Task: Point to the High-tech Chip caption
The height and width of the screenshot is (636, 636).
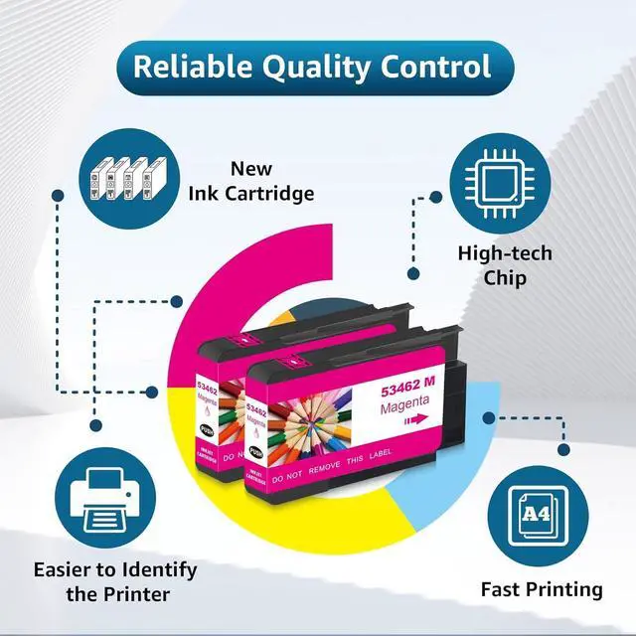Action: tap(504, 265)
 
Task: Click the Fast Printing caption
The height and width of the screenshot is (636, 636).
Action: tap(542, 589)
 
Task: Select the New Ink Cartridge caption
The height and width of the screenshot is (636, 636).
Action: tap(251, 180)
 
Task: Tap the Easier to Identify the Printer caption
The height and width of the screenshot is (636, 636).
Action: tap(115, 582)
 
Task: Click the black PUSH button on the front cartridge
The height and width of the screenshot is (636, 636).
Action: tap(256, 448)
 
